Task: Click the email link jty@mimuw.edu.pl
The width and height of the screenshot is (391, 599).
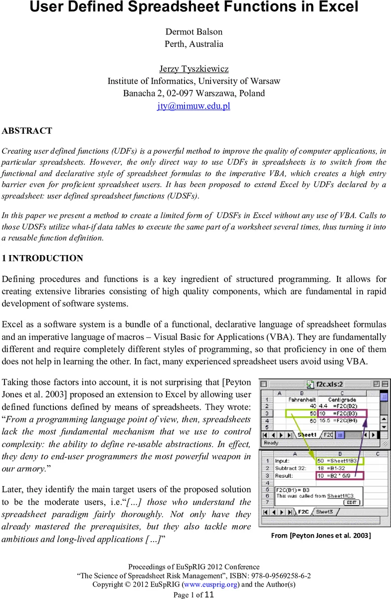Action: click(194, 106)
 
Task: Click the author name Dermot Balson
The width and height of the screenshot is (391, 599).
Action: click(194, 31)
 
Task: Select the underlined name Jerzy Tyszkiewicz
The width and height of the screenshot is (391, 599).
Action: click(194, 69)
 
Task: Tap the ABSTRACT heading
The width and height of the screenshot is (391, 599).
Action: click(27, 131)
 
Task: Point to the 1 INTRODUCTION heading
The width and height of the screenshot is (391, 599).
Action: click(42, 259)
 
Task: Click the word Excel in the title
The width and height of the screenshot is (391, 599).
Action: click(337, 8)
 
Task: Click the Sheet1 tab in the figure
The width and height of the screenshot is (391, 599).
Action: click(307, 435)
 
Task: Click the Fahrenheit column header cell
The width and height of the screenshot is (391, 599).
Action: click(302, 399)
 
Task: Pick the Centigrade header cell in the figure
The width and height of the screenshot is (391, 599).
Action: click(343, 399)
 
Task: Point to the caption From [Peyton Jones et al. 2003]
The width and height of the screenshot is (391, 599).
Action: click(321, 536)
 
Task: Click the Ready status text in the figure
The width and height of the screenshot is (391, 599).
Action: click(272, 443)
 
